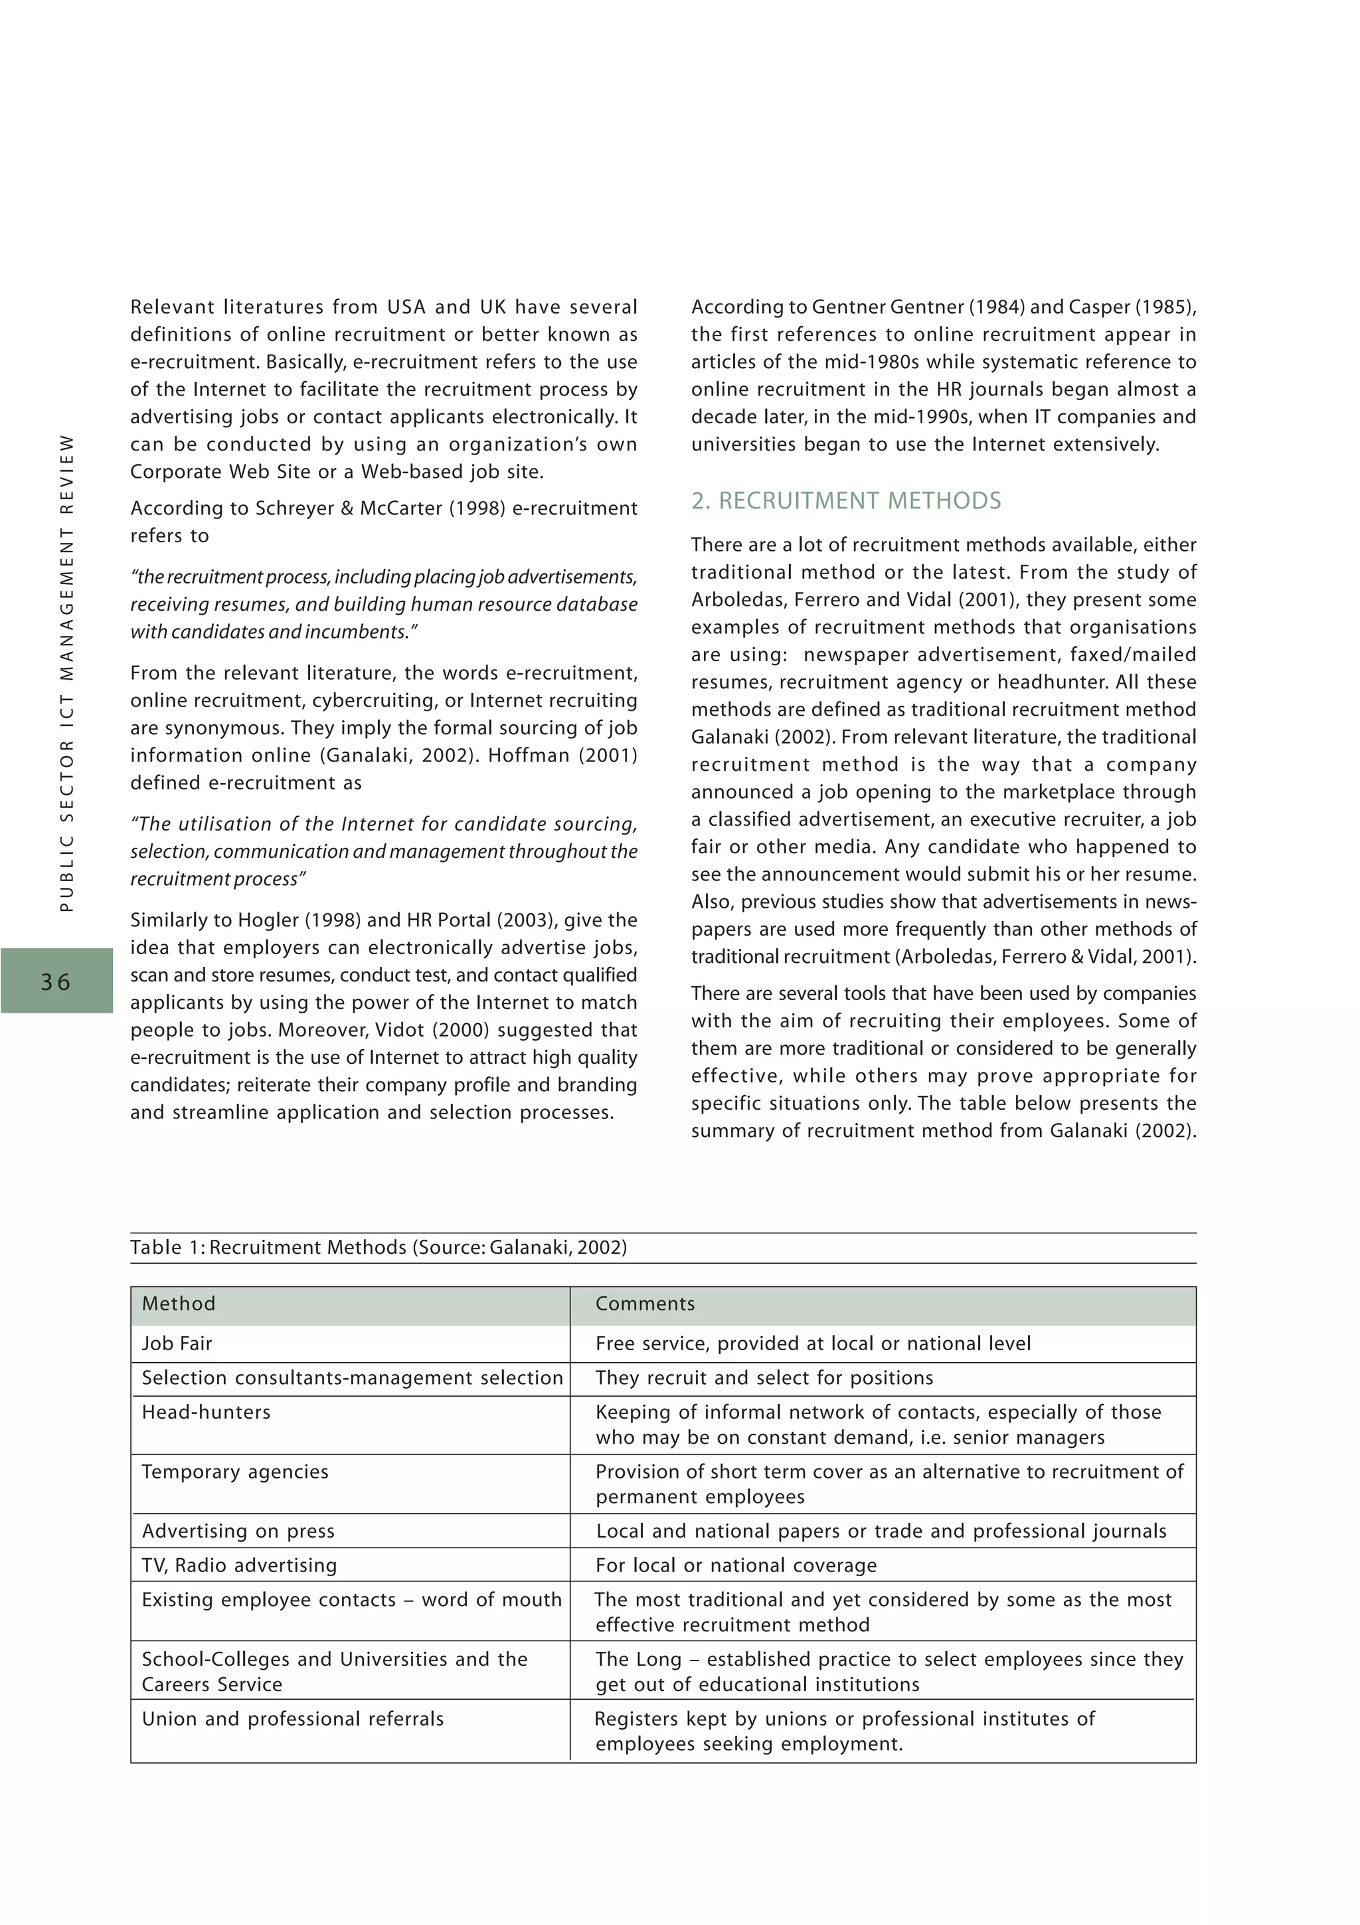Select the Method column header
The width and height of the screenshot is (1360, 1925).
pos(179,1304)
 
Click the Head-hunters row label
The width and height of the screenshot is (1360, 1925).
pos(206,1412)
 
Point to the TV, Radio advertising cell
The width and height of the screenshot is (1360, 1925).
pos(239,1566)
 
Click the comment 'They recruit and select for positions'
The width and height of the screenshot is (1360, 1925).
pos(764,1377)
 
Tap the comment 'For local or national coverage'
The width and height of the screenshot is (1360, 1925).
pos(736,1566)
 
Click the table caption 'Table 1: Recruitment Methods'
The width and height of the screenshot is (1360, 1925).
pos(378,1247)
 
